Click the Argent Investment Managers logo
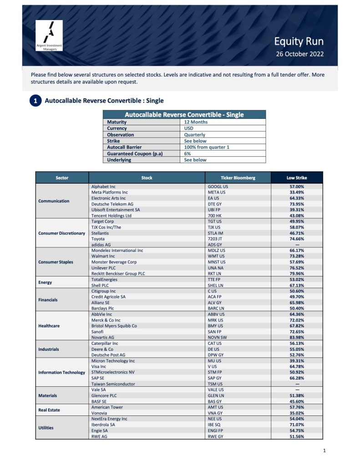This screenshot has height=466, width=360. [x=49, y=36]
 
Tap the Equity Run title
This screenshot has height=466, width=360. [x=299, y=41]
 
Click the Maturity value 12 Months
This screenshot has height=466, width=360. [x=196, y=122]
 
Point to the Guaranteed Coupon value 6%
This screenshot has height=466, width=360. [x=188, y=154]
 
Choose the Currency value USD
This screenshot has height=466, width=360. [x=189, y=128]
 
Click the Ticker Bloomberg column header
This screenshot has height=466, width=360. [x=238, y=178]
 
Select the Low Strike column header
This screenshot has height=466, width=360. [x=297, y=178]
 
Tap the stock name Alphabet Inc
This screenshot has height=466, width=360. [x=103, y=187]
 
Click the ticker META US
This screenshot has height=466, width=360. [x=218, y=192]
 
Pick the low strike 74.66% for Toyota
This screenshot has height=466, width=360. [x=297, y=238]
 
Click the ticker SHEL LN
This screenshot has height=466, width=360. [x=217, y=285]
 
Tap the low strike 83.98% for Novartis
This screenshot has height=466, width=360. [x=297, y=338]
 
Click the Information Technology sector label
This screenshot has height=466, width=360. [x=62, y=372]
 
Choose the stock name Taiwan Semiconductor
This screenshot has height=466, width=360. [x=113, y=384]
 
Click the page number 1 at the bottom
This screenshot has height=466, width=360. [x=324, y=451]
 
